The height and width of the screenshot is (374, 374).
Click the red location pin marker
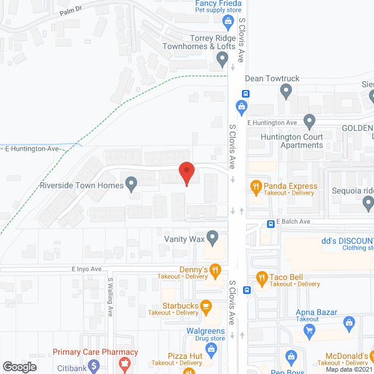(186, 173)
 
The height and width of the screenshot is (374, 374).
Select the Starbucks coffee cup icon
(206, 305)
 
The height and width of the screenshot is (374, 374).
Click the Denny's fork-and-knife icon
(216, 269)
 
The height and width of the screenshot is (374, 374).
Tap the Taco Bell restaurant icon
(261, 278)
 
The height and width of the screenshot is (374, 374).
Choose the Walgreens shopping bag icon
(211, 349)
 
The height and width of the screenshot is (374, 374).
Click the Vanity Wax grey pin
(213, 238)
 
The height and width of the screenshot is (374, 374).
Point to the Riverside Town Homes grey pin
(131, 186)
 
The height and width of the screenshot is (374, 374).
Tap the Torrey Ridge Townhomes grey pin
(222, 58)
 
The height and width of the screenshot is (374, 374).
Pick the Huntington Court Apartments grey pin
(310, 122)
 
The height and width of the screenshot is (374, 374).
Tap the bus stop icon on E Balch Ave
(271, 223)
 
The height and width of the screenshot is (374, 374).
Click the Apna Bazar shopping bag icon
(349, 322)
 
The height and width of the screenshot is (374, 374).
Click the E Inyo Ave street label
(86, 269)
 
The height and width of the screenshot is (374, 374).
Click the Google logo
(19, 366)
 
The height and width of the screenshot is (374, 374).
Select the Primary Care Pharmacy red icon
(123, 363)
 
